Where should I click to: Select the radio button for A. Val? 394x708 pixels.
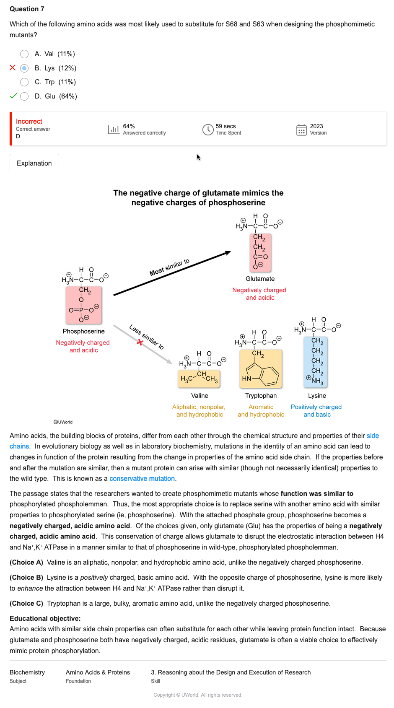coord(24,54)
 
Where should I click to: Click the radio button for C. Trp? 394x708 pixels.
coord(24,82)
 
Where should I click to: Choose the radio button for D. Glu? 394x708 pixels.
coord(24,96)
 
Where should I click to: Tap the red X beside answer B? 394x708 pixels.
coord(13,68)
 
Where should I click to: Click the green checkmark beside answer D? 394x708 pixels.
coord(13,96)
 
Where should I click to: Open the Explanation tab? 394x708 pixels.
coord(34,163)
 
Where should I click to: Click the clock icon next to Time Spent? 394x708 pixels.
coord(208,130)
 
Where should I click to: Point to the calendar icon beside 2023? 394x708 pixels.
coord(301,130)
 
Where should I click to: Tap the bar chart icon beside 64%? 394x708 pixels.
coord(114,130)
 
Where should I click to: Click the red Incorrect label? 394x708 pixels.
coord(29,122)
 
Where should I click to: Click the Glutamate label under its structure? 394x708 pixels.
coord(260,279)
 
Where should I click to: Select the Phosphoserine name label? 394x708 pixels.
coord(84,332)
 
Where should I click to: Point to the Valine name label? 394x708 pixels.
coord(200,396)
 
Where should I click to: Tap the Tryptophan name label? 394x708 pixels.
coord(261,396)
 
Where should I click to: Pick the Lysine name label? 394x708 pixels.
coord(317,396)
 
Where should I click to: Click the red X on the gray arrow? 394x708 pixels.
coord(140,342)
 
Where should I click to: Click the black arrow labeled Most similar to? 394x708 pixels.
coord(172,274)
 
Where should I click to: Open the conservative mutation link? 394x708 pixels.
coord(143,479)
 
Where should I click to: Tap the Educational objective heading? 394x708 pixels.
coord(45,619)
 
